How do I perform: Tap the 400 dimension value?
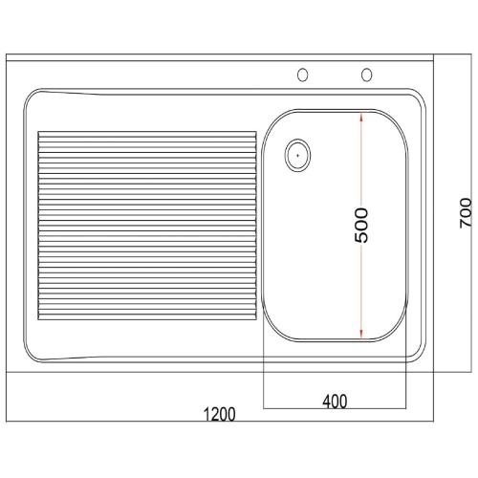click(334, 402)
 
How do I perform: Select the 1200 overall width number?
click(219, 415)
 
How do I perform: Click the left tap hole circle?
click(304, 75)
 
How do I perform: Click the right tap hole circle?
click(365, 75)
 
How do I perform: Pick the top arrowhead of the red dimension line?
click(360, 119)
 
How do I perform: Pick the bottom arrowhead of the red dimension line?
click(360, 334)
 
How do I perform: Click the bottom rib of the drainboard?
click(145, 314)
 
